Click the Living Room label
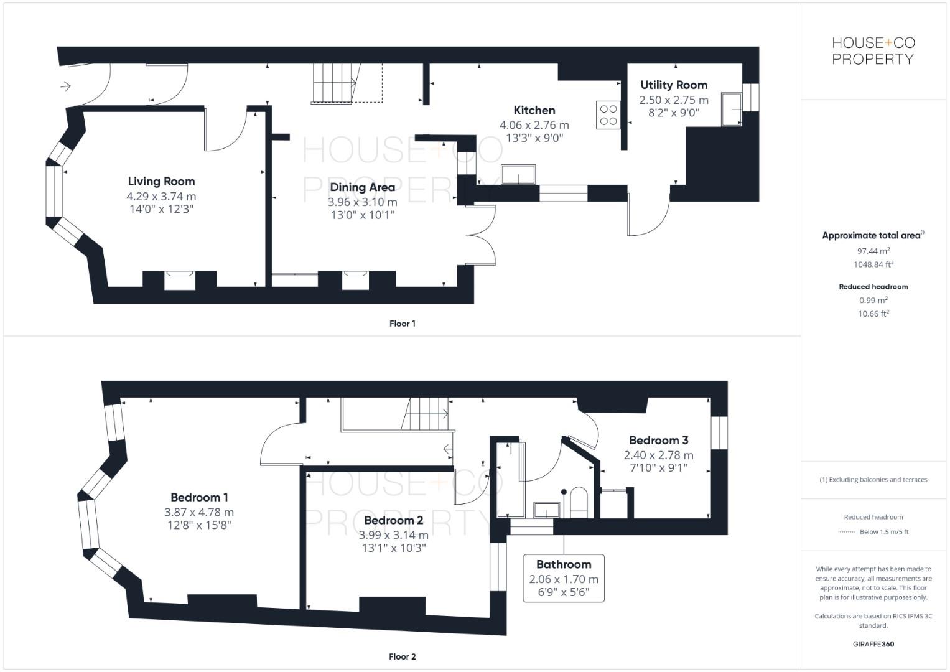(161, 182)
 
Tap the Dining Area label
(362, 187)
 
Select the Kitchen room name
(534, 111)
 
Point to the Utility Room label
(674, 85)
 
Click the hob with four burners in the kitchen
(608, 114)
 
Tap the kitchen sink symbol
(518, 175)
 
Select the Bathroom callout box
(564, 578)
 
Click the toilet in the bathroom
(579, 502)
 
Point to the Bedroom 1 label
(199, 498)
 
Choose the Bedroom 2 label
(394, 521)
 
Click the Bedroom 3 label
(659, 441)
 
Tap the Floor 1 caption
(403, 324)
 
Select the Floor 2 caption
(403, 656)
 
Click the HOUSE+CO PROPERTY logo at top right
(873, 51)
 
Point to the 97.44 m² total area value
(873, 251)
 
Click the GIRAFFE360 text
(873, 645)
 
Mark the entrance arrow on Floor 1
(66, 86)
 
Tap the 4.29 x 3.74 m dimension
(161, 197)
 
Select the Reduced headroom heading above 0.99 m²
(873, 287)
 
